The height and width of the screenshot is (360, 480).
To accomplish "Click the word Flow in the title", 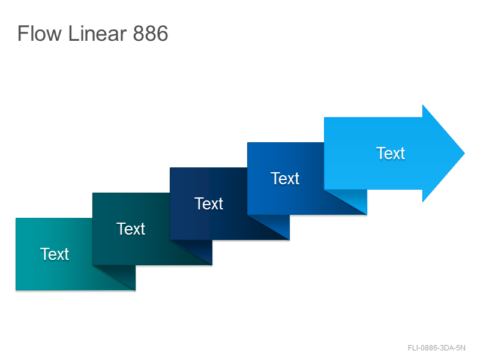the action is (x=40, y=33).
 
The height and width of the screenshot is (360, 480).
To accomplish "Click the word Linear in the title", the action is (x=97, y=33).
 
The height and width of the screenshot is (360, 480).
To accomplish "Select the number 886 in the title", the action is (x=151, y=33).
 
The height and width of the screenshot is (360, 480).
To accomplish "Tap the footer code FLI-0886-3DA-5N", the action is (x=437, y=348).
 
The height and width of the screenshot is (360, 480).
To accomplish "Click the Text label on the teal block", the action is (x=55, y=254).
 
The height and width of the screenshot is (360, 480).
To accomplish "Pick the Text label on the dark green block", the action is (x=131, y=229).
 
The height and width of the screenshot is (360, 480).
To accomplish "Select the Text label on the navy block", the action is (x=209, y=203).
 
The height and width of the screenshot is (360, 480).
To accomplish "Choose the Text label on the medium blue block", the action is (x=285, y=178).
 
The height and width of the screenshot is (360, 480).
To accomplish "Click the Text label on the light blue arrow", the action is (x=391, y=153).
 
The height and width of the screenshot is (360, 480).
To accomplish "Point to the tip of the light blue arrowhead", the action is (x=464, y=153).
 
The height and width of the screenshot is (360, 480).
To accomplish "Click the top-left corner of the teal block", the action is (x=16, y=218).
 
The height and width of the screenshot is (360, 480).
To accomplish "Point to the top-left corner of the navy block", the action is (x=170, y=168).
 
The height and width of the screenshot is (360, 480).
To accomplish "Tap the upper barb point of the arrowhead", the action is (x=423, y=104).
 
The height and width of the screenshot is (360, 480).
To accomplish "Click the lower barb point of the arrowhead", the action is (x=423, y=202).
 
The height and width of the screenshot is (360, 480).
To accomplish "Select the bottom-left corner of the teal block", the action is (x=16, y=290).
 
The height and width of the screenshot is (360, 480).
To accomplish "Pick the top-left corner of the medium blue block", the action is (x=247, y=143).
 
